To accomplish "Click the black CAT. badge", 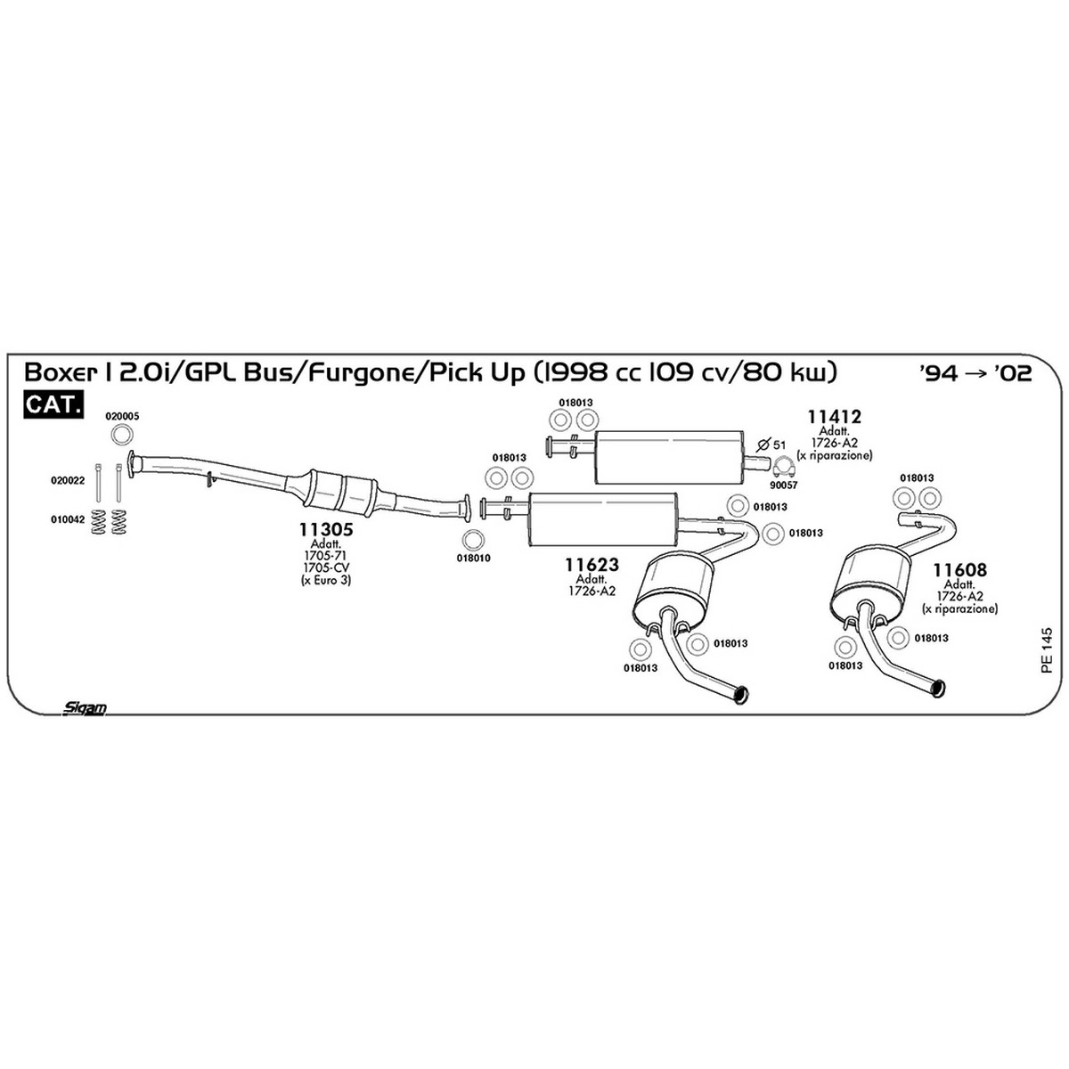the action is point(53,404).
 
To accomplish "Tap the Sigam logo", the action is point(85,708).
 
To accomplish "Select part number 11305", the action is point(326,529).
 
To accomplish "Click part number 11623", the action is point(592,565).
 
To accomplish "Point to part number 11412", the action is point(834,416).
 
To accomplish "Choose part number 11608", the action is point(959,570).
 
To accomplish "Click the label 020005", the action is point(123,416).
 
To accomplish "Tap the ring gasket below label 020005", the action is point(123,435).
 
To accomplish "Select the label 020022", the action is point(68,480).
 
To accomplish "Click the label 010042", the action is point(68,519).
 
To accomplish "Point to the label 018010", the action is point(473,558).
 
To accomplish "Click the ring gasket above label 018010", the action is point(473,539).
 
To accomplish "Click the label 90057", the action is point(785,485).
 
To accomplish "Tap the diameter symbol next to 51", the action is point(763,445).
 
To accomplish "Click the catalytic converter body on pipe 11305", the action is point(340,494).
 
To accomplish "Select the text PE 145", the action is point(1046,650).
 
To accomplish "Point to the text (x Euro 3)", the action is point(326,581).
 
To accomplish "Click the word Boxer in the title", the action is point(60,372).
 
